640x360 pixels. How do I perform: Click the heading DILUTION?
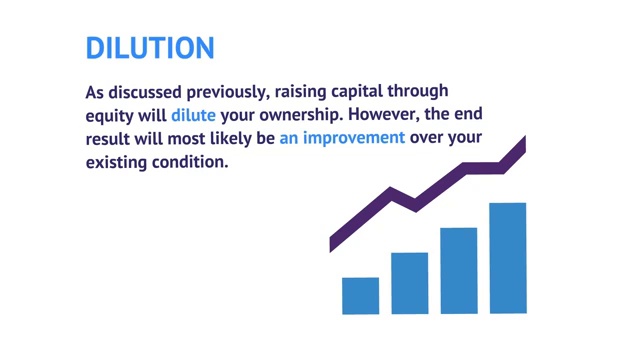[150, 47]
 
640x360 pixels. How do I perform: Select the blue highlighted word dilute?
[193, 115]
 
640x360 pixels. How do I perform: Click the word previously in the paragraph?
[218, 92]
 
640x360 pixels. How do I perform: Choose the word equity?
[110, 115]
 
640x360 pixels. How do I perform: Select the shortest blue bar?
[360, 295]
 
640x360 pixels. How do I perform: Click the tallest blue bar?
[507, 258]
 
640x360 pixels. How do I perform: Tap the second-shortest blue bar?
[409, 283]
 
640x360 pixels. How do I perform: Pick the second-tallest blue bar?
[458, 270]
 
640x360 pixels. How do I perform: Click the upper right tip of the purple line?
[522, 145]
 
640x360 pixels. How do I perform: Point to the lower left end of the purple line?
[333, 243]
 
